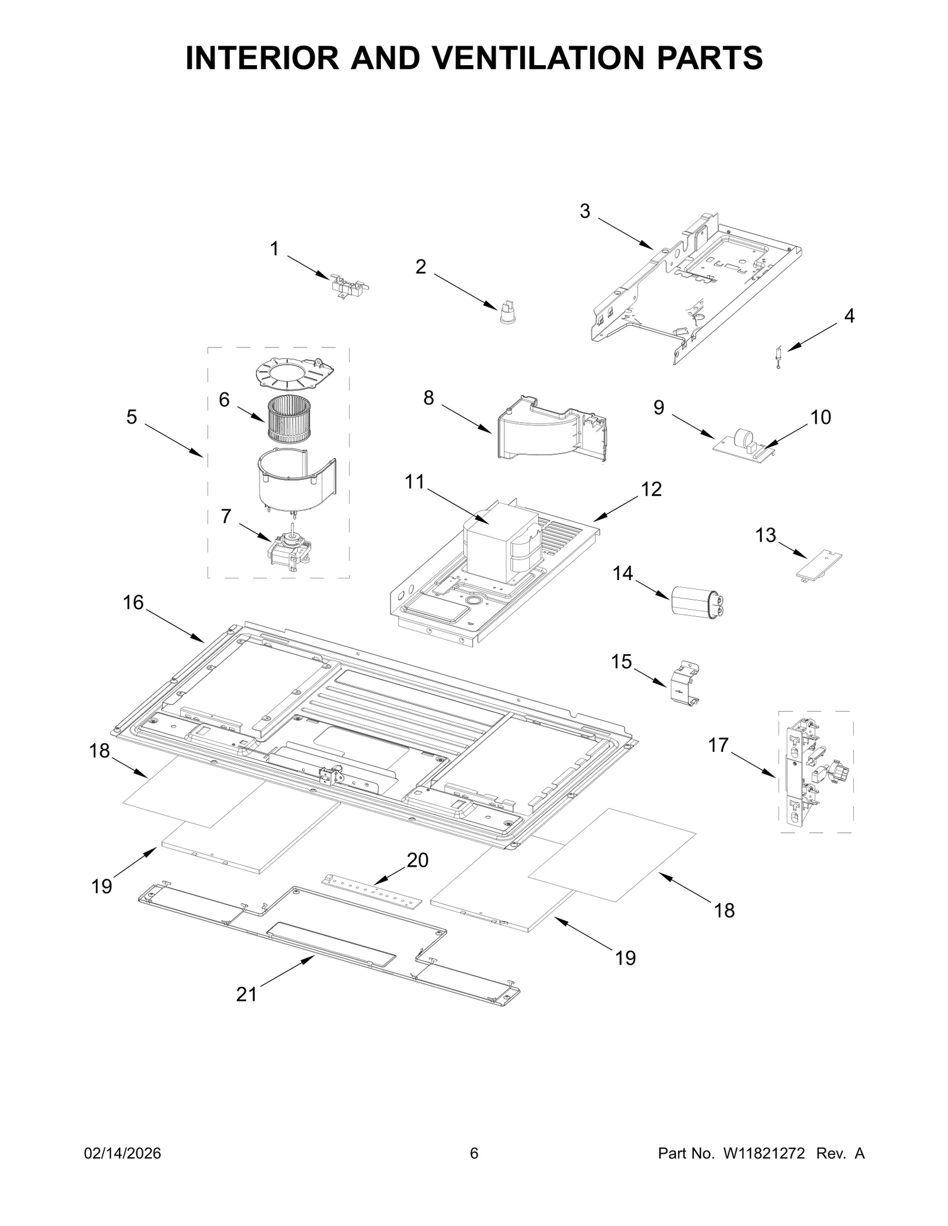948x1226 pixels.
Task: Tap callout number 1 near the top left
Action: (274, 249)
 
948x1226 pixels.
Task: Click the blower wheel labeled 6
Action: (289, 420)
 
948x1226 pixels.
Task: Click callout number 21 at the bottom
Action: (246, 994)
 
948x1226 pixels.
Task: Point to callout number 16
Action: (133, 603)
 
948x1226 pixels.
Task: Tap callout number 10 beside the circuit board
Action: (821, 417)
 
